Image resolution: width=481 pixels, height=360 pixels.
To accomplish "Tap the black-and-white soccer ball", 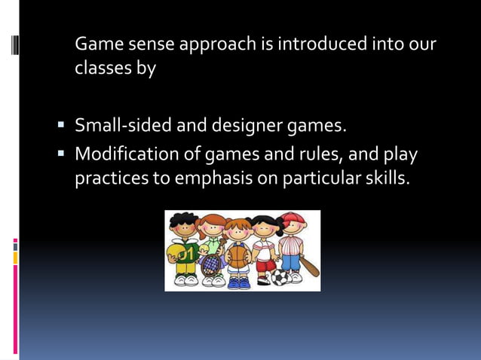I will coord(279,277).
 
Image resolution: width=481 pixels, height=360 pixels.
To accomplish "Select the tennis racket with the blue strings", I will coord(211,263).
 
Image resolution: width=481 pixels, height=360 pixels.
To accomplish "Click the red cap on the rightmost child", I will coord(293,218).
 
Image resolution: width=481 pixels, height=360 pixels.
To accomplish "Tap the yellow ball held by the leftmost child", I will coord(173,250).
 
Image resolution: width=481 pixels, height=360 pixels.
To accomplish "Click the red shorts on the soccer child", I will coord(265,266).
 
